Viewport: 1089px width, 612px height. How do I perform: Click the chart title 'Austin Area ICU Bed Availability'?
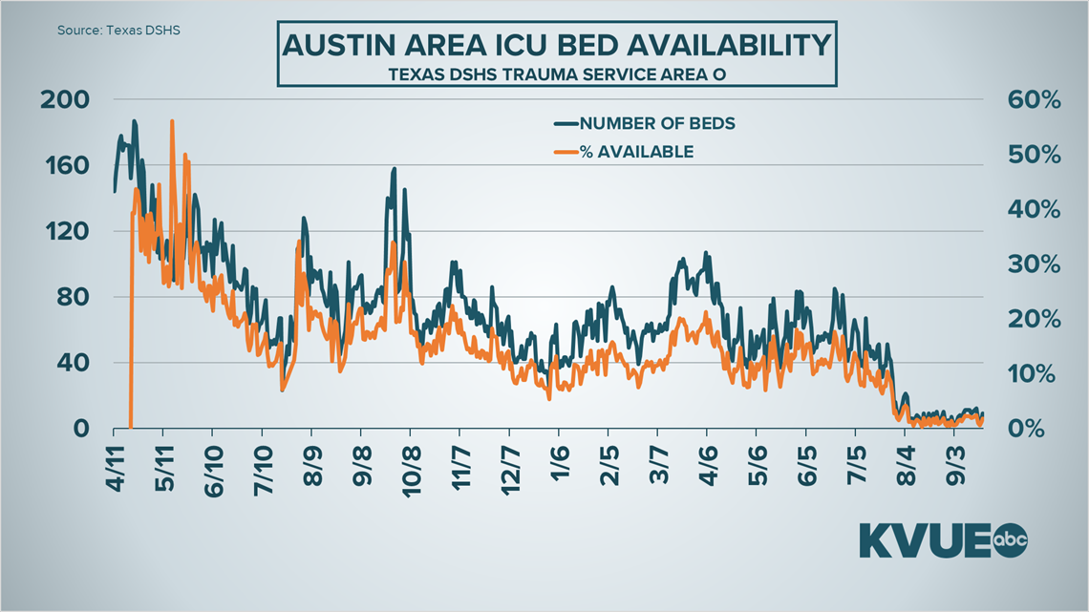pos(555,45)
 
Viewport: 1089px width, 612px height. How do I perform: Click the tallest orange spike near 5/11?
pos(172,122)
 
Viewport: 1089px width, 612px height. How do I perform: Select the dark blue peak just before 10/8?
pos(394,170)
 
